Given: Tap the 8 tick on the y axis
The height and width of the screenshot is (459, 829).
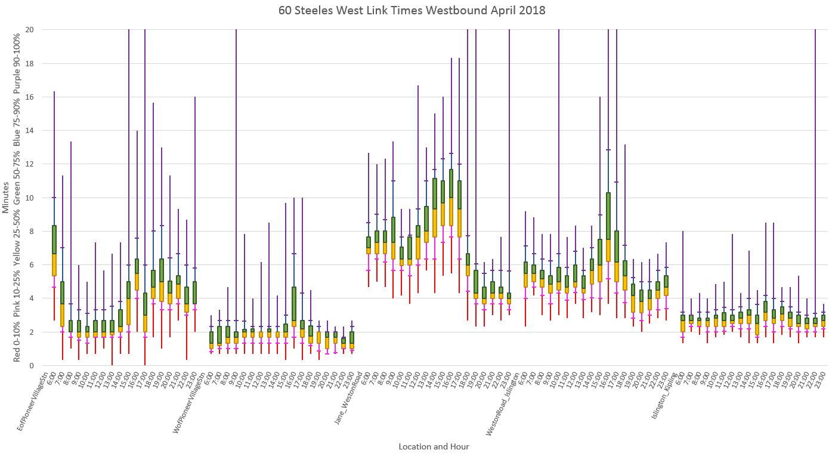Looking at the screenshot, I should click(30, 232).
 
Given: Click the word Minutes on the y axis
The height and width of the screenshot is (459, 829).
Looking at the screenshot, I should click(6, 198).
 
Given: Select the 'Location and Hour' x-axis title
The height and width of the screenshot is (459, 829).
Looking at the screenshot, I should click(434, 446).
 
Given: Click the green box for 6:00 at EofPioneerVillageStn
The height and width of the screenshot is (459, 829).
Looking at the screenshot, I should click(54, 240).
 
